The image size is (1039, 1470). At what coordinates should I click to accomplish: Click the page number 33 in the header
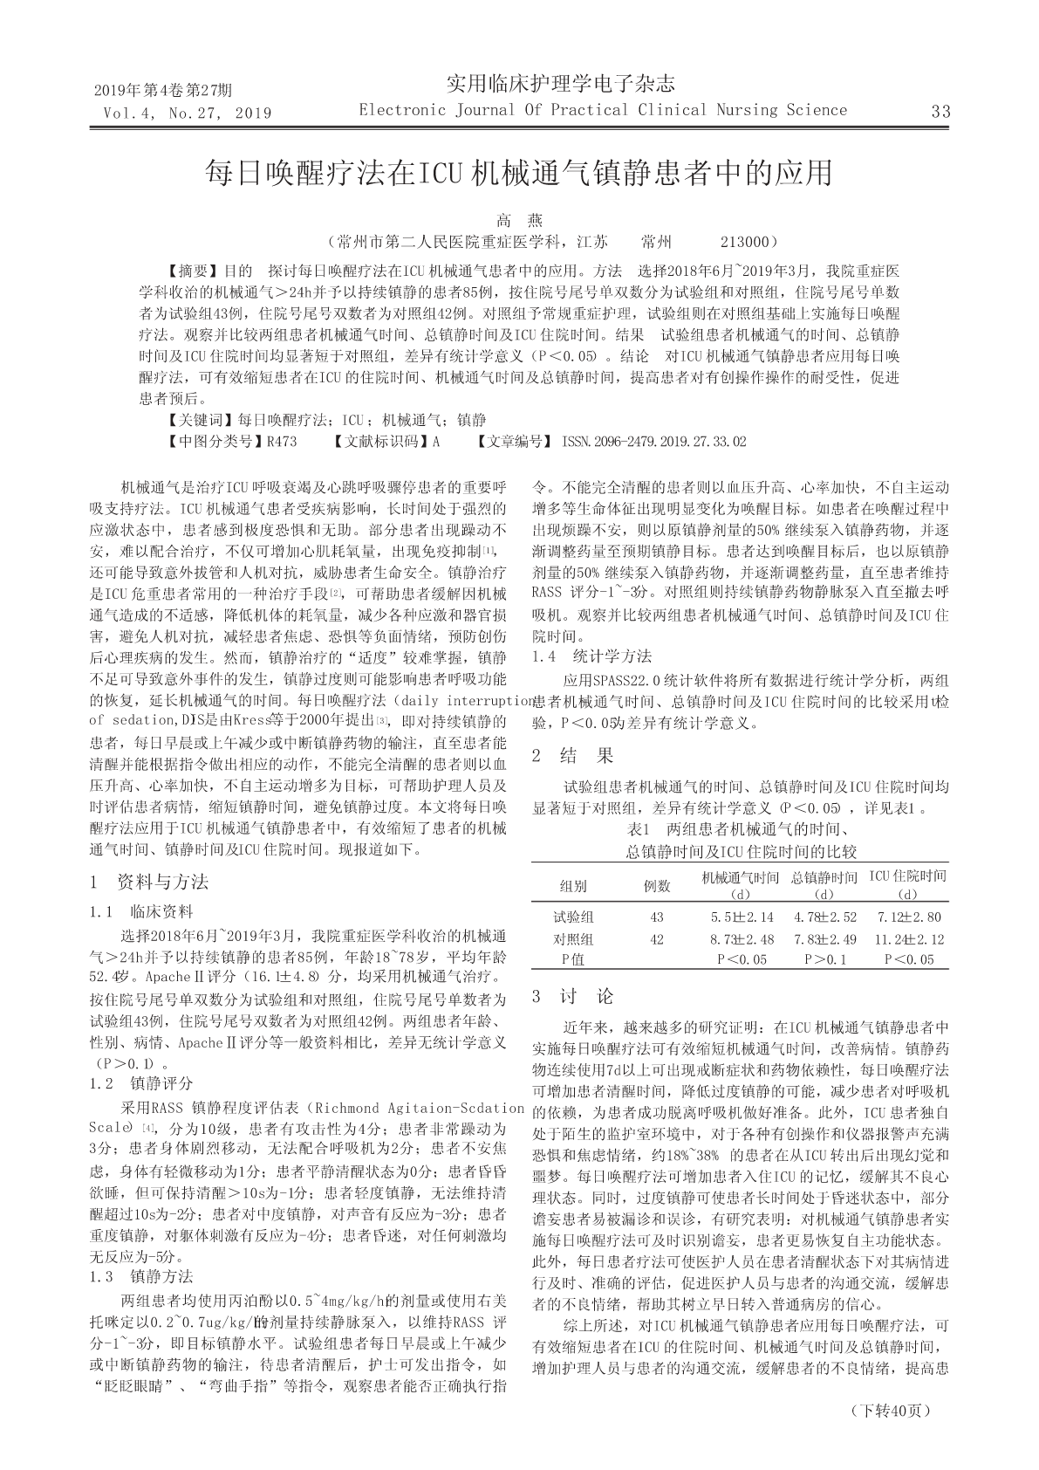click(x=940, y=112)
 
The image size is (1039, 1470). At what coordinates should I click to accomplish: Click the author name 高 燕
click(x=519, y=221)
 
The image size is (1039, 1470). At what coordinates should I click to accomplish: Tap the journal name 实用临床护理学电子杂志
click(x=560, y=84)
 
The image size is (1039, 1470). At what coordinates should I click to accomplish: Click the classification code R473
click(x=281, y=442)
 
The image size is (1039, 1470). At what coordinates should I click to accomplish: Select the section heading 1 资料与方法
click(x=149, y=882)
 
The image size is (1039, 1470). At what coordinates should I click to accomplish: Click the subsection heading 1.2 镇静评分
click(x=141, y=1084)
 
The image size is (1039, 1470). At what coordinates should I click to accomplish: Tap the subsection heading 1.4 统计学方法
click(x=591, y=656)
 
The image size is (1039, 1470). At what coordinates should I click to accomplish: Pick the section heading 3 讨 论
click(x=572, y=997)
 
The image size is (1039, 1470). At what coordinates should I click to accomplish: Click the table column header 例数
click(x=657, y=886)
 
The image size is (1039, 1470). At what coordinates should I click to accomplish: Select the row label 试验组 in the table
click(x=573, y=917)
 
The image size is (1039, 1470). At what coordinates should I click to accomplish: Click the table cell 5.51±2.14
click(x=742, y=917)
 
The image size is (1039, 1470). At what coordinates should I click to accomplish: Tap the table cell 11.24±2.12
click(x=908, y=939)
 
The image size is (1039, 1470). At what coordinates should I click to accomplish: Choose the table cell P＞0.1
click(x=825, y=959)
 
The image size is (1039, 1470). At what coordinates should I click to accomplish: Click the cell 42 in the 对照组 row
click(x=657, y=939)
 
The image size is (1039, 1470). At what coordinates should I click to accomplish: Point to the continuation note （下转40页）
click(x=890, y=1411)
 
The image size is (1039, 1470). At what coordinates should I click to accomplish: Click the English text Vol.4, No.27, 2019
click(x=187, y=113)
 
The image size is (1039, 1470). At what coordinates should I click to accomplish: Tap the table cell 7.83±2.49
click(x=825, y=939)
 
